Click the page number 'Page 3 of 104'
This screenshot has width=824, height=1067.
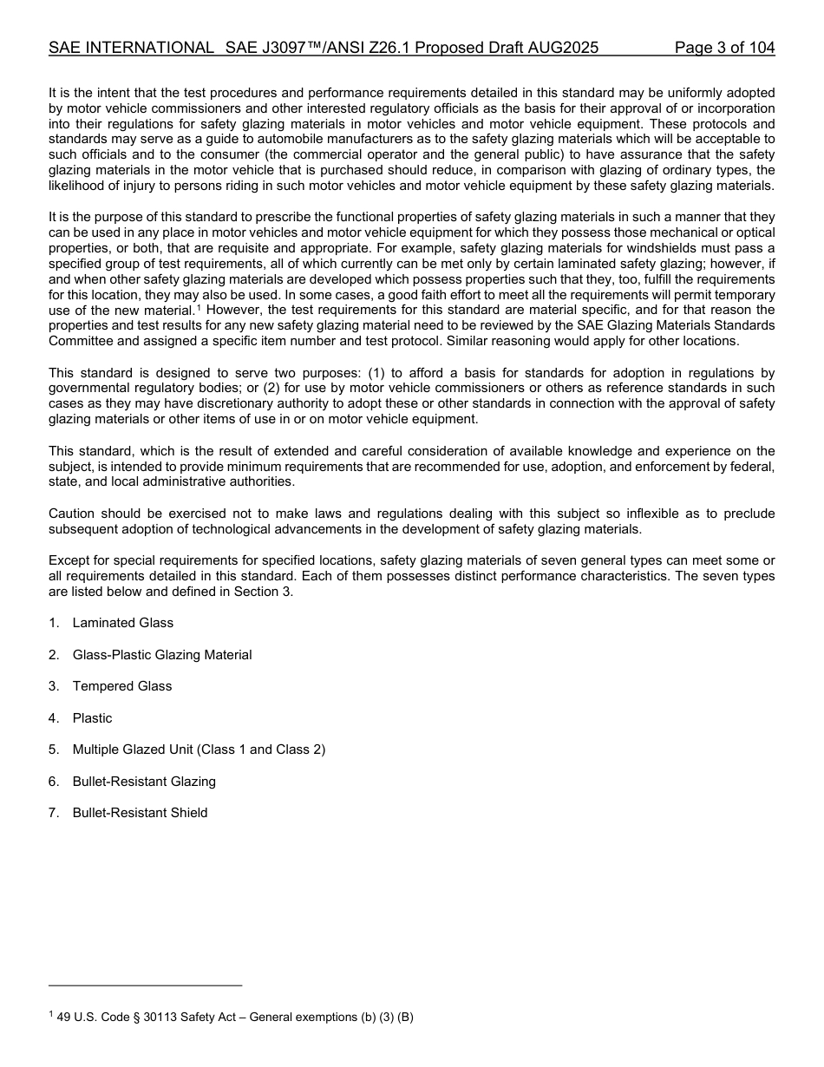point(724,48)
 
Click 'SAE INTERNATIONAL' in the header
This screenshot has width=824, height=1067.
point(131,48)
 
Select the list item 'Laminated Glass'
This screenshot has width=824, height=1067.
point(122,623)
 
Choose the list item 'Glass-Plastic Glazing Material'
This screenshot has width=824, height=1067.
point(162,655)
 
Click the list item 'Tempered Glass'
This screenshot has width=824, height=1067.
point(122,686)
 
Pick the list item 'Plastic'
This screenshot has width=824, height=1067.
point(92,718)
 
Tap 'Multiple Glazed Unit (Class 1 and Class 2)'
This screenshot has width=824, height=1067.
point(199,750)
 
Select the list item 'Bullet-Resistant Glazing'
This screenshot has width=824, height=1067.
point(144,782)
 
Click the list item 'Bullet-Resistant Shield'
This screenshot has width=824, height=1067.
point(140,813)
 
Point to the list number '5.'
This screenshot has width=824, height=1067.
point(54,750)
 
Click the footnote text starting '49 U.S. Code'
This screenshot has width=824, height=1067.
point(234,1018)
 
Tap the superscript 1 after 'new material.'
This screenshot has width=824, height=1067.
point(199,306)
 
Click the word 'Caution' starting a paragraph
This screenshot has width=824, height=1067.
point(72,514)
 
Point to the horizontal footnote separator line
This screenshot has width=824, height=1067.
point(145,985)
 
